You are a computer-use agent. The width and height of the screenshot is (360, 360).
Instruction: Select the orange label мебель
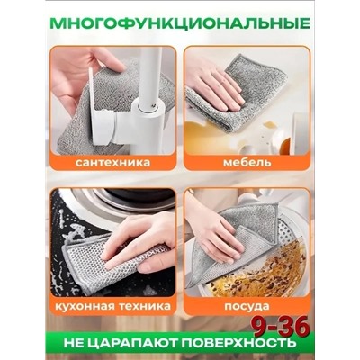click(x=235, y=164)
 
